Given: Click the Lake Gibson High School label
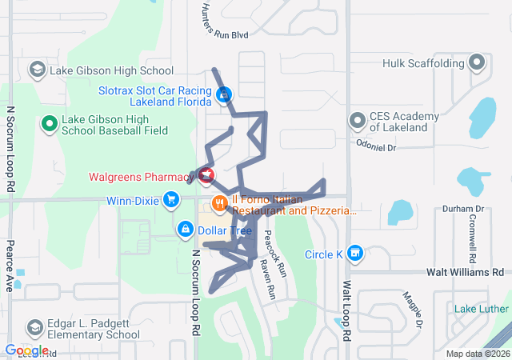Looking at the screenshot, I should (111, 70).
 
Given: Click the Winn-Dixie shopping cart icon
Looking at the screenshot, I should (170, 199).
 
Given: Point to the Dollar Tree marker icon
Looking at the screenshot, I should (186, 230).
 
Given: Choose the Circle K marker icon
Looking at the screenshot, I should (356, 254).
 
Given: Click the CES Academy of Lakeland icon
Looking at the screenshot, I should (357, 121).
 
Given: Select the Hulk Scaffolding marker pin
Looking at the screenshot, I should (478, 62).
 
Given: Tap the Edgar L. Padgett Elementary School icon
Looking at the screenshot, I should (34, 327).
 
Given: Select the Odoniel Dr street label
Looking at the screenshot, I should (376, 146).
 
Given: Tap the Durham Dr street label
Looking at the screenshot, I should (464, 209).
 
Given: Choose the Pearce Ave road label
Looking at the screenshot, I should (10, 265).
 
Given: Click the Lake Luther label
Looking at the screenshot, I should (482, 309).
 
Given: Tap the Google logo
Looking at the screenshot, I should (26, 350).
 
